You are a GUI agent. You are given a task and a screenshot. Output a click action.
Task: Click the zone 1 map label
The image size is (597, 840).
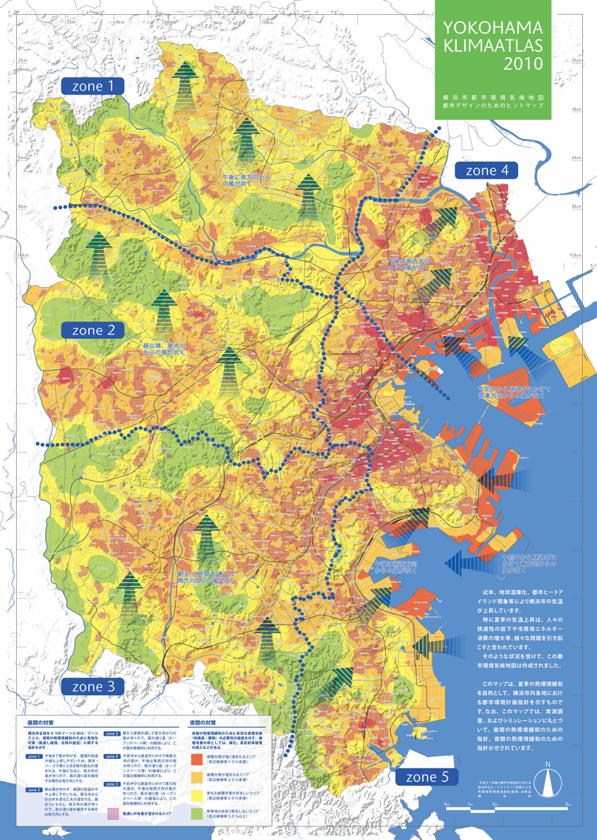(93, 86)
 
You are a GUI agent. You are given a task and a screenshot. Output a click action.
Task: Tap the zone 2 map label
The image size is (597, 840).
(93, 330)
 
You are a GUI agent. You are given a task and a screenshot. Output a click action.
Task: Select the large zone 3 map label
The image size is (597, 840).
(93, 687)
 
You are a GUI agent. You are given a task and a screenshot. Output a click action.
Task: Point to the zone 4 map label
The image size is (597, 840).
(487, 171)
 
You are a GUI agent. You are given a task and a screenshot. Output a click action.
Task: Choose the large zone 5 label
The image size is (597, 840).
(426, 777)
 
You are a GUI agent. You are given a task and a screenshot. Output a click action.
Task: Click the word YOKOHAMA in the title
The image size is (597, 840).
(493, 27)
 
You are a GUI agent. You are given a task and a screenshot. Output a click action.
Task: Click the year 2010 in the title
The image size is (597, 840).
(523, 64)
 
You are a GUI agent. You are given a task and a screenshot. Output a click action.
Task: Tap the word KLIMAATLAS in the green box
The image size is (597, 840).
(493, 46)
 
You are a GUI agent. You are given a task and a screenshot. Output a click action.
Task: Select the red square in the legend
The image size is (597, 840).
(196, 759)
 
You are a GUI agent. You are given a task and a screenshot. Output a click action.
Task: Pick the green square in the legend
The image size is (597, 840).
(196, 813)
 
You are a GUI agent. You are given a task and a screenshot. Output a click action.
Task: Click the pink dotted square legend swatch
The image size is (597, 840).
(113, 813)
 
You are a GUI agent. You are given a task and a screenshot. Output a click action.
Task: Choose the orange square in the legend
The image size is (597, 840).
(196, 777)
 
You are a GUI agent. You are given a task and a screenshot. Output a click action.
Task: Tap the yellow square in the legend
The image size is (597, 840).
(196, 795)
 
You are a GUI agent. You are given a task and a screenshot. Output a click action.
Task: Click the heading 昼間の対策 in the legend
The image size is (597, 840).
(40, 723)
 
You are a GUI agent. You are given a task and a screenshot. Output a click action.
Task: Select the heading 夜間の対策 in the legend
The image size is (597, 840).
(202, 723)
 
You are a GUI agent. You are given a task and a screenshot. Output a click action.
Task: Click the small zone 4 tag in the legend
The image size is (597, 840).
(112, 756)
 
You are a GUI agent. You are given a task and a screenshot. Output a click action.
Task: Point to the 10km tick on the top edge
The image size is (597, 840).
(267, 22)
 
